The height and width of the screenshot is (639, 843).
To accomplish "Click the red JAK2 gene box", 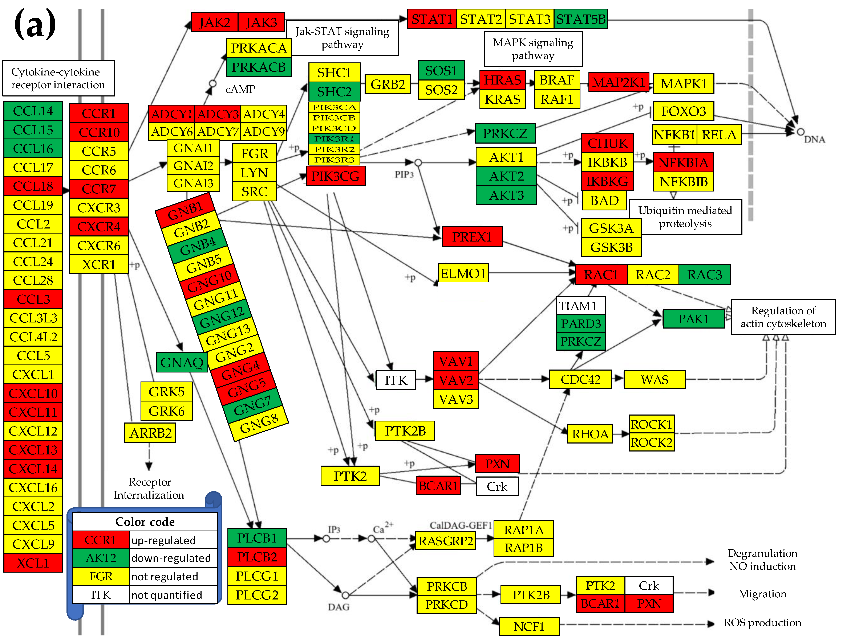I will [x=215, y=22].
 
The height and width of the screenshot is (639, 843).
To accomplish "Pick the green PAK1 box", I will [x=693, y=319].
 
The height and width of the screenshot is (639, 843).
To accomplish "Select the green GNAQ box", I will [x=182, y=362].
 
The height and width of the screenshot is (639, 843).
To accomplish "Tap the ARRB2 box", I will [x=150, y=433].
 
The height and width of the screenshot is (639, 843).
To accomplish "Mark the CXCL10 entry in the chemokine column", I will [x=33, y=393].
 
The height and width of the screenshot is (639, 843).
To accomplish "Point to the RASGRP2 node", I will [x=446, y=541].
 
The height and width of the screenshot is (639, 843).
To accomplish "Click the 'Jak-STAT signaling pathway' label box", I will [x=342, y=38].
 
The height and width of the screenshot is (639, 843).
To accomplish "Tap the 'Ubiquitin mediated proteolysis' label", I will [x=685, y=217].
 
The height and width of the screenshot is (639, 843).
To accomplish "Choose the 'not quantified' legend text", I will [x=167, y=595].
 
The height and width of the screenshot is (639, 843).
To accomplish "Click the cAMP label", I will [x=240, y=89].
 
